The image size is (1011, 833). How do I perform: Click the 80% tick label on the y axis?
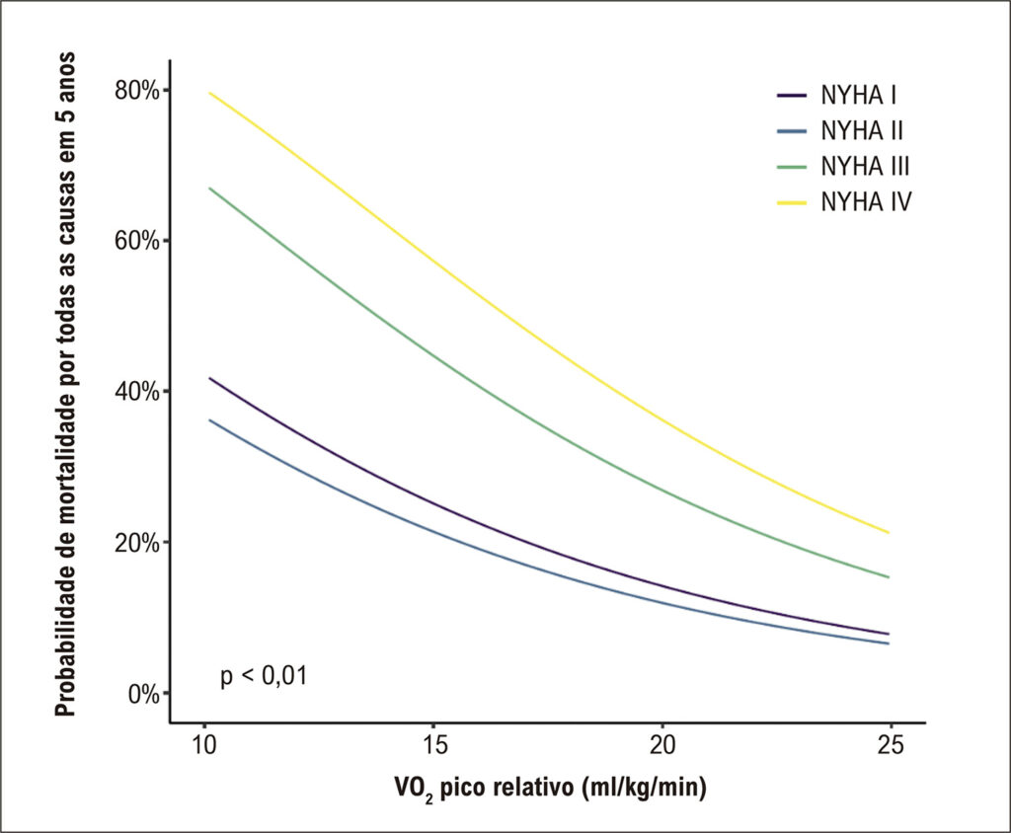pos(136,91)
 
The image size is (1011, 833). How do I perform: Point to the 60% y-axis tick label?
pos(136,241)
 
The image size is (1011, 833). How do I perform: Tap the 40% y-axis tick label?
pos(136,392)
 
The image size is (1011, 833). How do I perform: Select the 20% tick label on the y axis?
pos(136,543)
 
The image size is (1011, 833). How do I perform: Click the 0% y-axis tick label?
pos(144,695)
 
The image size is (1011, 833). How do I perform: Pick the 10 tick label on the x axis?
pos(205,745)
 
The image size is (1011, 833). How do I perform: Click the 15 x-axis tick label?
pos(434,745)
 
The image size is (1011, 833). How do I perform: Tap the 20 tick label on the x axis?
pos(662,745)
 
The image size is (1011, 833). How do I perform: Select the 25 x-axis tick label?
pos(891,745)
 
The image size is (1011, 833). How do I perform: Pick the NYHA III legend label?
pos(865,167)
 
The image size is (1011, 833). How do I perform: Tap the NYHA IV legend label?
pos(867,201)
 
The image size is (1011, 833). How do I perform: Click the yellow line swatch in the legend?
pos(792,202)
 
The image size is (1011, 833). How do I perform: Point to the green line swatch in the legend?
pos(792,167)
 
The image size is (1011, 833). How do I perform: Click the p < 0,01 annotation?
pos(264,676)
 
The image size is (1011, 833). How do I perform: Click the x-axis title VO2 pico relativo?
pos(550,788)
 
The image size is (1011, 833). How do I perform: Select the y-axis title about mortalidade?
pos(65,384)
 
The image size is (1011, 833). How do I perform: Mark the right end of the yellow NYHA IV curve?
pos(890,533)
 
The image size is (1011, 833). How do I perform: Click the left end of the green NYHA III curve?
pos(209,188)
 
